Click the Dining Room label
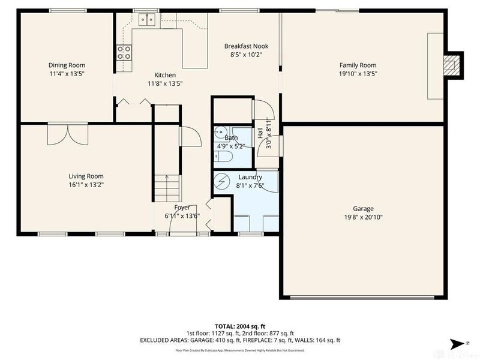67,65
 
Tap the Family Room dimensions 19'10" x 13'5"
358,74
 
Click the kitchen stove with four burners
124,53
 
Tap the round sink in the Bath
220,133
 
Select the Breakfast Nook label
246,46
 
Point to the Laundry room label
250,177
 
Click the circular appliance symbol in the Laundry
223,181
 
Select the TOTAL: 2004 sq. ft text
240,325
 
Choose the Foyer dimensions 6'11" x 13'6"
182,216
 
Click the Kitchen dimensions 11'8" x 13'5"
165,84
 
